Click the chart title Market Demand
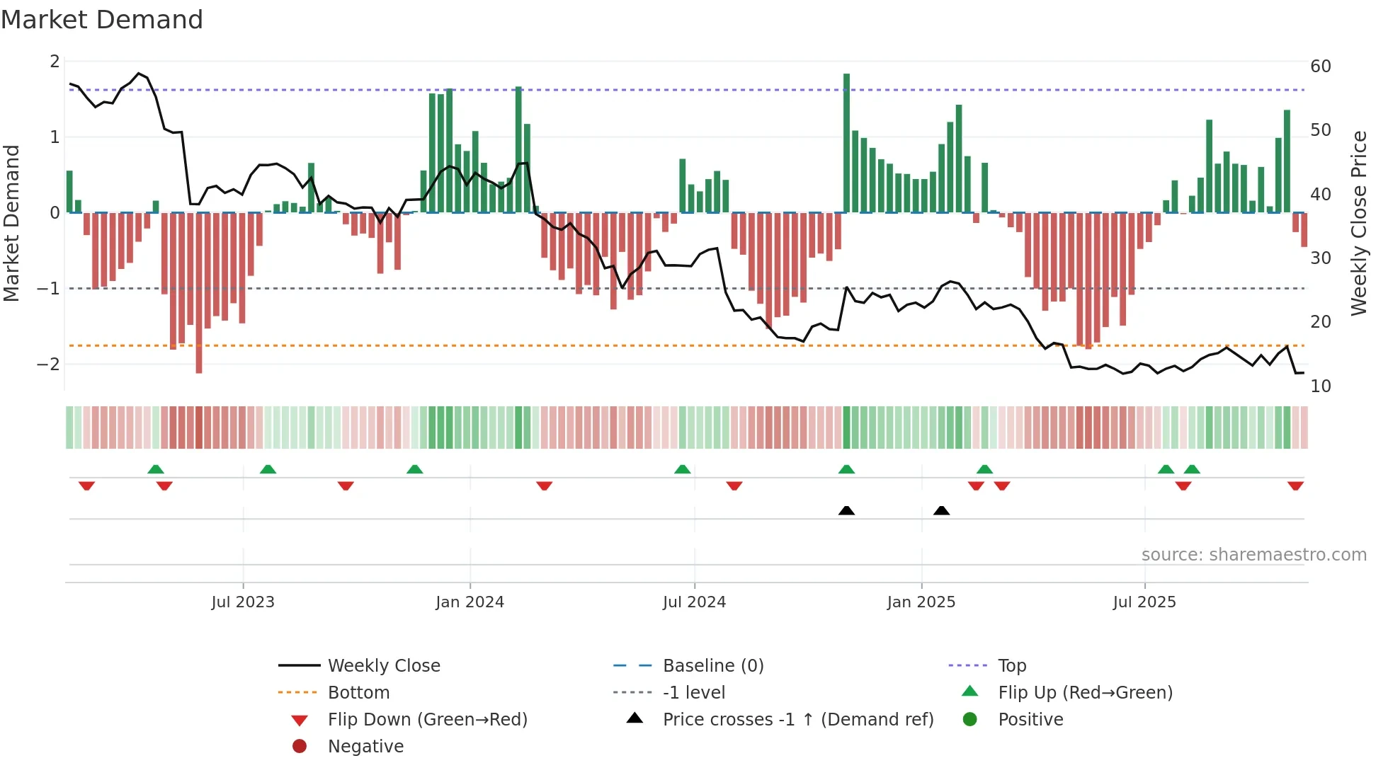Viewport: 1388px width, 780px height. [x=102, y=20]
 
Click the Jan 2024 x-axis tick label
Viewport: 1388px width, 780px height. [x=470, y=602]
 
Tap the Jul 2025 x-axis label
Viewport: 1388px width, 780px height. [x=1144, y=602]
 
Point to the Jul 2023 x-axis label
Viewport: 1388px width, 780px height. [x=242, y=602]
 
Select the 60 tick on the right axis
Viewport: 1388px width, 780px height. [x=1320, y=67]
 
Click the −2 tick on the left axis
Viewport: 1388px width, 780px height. [x=49, y=365]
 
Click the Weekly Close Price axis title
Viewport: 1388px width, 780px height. [x=1358, y=223]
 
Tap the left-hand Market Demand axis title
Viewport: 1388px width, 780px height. [x=12, y=223]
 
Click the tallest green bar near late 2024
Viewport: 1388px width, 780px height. [x=846, y=142]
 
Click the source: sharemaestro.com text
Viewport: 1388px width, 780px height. [x=1253, y=555]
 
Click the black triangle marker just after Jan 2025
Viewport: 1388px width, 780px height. [x=941, y=511]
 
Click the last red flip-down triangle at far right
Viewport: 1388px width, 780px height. [x=1295, y=486]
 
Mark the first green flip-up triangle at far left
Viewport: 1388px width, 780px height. [x=156, y=469]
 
